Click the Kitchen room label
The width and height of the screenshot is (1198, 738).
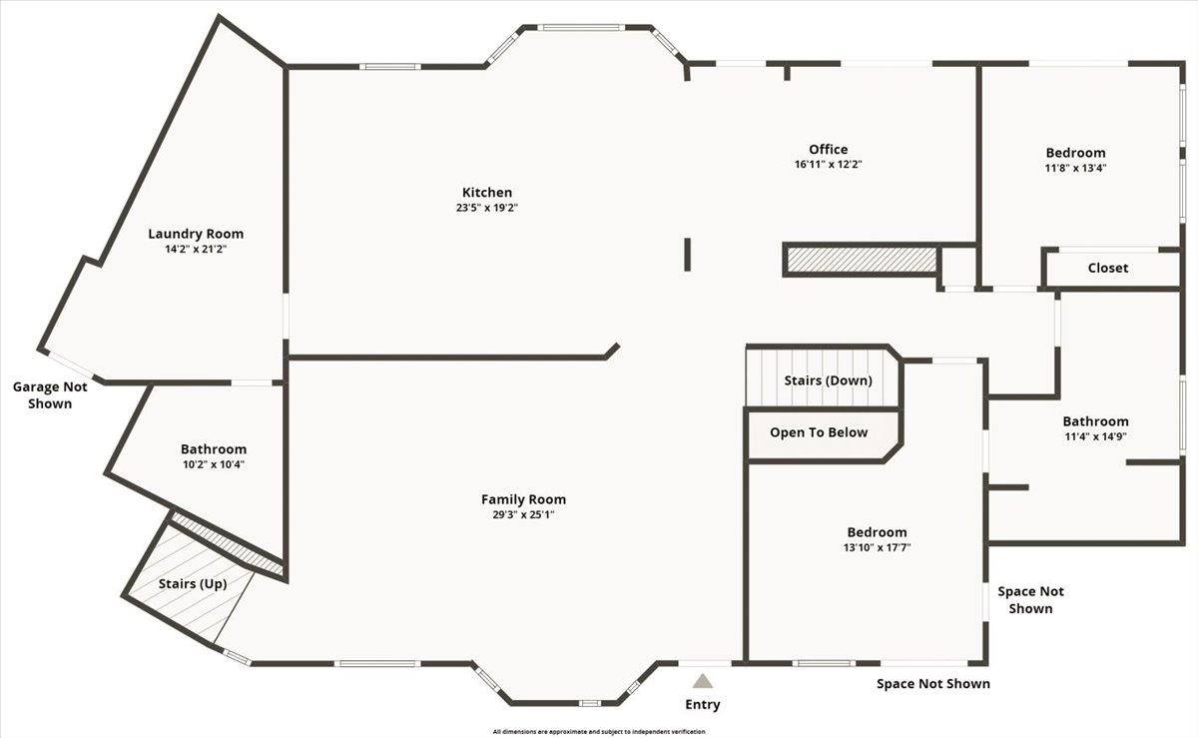pos(486,192)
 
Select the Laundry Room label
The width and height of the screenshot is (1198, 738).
pos(196,234)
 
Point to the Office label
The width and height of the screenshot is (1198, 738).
pos(828,150)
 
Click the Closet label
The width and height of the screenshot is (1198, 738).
pos(1107,268)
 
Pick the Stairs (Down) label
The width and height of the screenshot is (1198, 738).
pos(828,380)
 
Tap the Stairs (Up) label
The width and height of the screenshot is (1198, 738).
pos(192,583)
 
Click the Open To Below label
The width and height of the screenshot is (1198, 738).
pos(818,432)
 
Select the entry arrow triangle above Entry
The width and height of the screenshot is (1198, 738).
pos(703,681)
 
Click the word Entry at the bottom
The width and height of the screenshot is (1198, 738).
pos(702,705)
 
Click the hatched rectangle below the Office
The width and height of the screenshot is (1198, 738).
pos(861,260)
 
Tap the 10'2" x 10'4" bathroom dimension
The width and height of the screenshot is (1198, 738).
pos(214,465)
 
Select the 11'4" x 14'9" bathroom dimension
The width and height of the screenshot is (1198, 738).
pos(1095,437)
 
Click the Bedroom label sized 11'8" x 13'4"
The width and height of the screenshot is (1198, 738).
pos(1075,153)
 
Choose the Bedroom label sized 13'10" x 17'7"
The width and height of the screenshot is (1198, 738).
pos(877,532)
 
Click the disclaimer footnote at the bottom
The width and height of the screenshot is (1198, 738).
pos(599,732)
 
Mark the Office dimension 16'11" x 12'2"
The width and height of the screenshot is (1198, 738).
pos(828,165)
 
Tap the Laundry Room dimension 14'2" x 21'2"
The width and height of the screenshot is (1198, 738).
pos(196,249)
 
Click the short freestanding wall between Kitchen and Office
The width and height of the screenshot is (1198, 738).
pos(687,254)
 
